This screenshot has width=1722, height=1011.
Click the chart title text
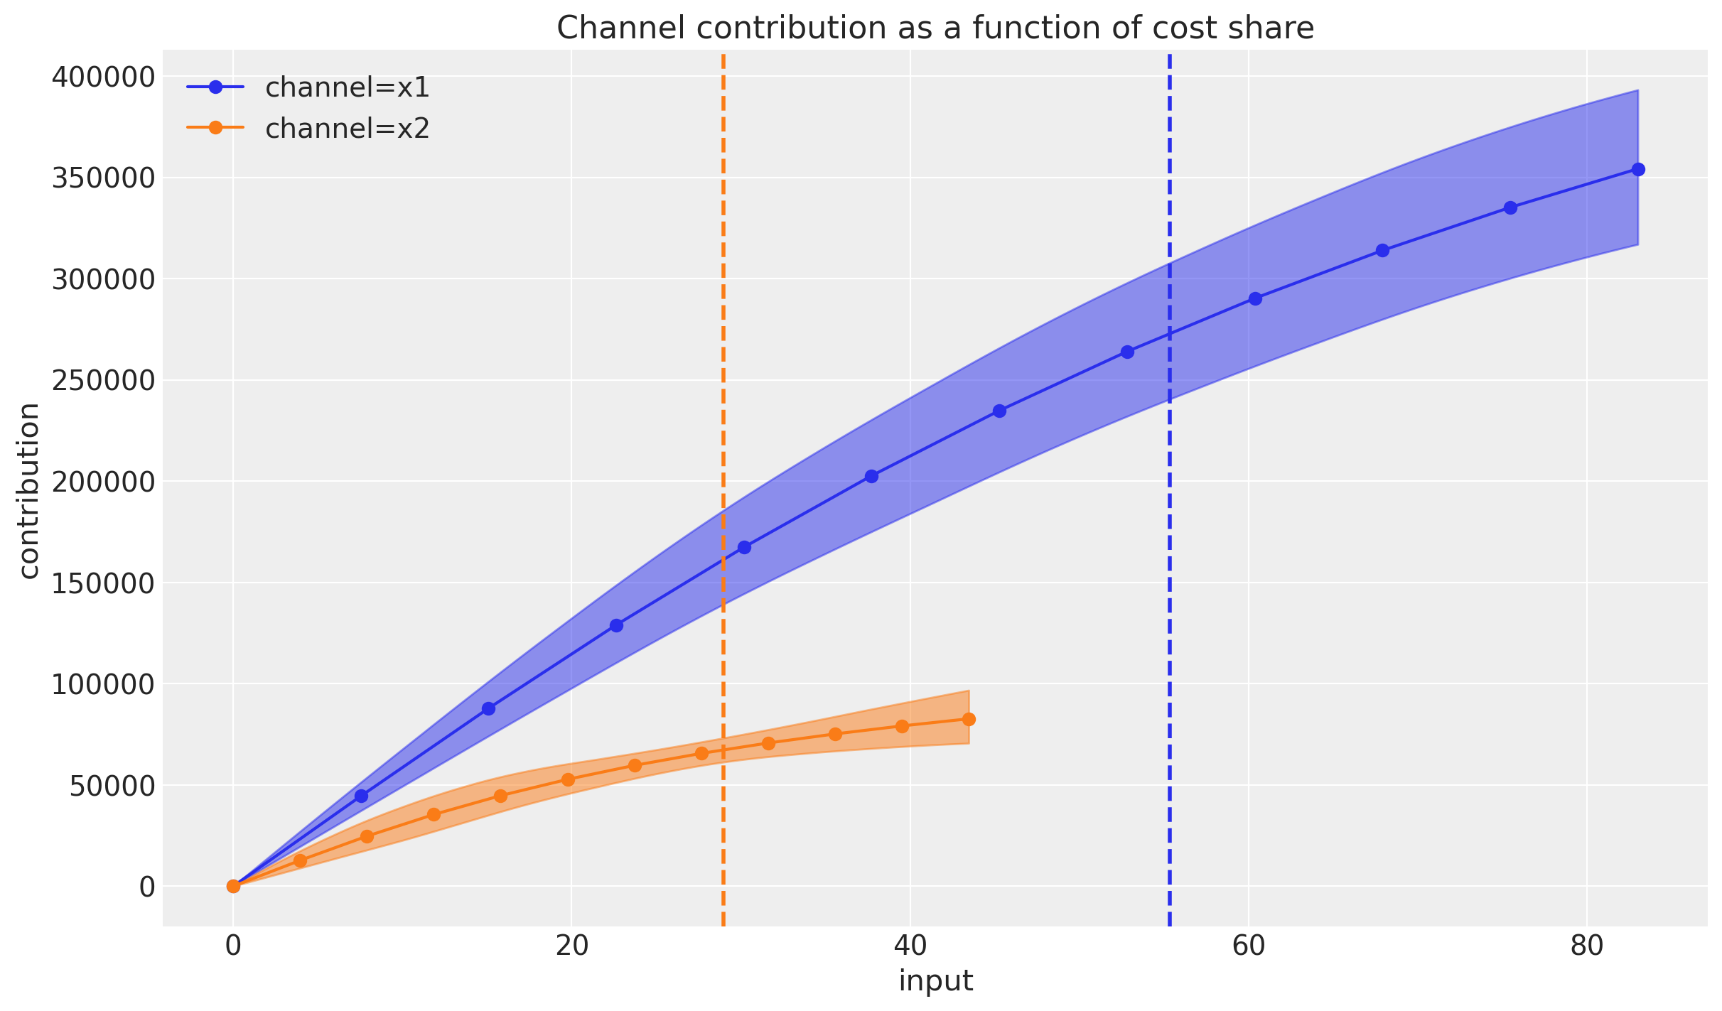tap(935, 28)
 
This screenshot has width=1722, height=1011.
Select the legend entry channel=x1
tap(347, 87)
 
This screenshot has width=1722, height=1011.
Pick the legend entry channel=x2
tap(347, 129)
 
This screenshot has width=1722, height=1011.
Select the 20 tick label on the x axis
tap(571, 947)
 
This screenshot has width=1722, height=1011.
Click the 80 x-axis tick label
tap(1586, 947)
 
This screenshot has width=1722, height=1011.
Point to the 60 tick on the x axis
tap(1248, 947)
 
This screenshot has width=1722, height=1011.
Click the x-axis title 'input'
tap(935, 982)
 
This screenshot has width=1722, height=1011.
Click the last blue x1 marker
tap(1638, 169)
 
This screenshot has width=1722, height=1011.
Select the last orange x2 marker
tap(969, 719)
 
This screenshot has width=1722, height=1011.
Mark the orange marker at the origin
tap(233, 886)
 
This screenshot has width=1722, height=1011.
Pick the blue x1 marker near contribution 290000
tap(1255, 298)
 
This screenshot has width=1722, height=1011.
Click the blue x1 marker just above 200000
tap(871, 476)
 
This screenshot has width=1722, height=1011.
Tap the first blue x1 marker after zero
tap(361, 796)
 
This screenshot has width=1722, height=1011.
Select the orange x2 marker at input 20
tap(568, 779)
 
